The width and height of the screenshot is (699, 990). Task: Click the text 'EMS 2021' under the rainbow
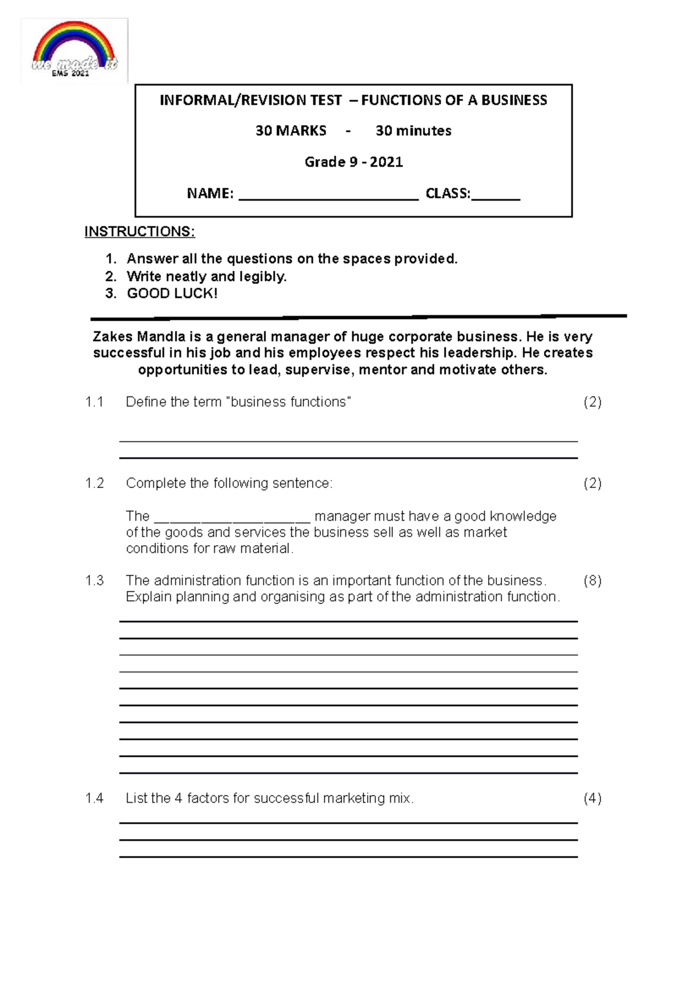[70, 73]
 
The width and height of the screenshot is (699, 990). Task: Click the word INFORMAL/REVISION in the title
[250, 100]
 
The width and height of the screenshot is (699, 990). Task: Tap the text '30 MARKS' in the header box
[291, 131]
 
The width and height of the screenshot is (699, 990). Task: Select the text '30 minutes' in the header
[414, 131]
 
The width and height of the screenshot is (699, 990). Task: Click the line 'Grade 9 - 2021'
[354, 162]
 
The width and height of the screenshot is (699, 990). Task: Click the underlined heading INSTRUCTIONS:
[139, 231]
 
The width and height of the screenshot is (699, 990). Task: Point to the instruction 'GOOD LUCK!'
[172, 293]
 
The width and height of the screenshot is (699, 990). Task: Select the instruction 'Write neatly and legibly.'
[206, 276]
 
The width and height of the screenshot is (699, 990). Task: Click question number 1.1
[94, 402]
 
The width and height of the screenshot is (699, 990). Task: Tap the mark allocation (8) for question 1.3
[592, 580]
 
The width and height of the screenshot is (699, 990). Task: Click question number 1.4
[94, 798]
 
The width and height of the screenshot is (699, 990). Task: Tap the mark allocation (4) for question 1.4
[592, 798]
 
